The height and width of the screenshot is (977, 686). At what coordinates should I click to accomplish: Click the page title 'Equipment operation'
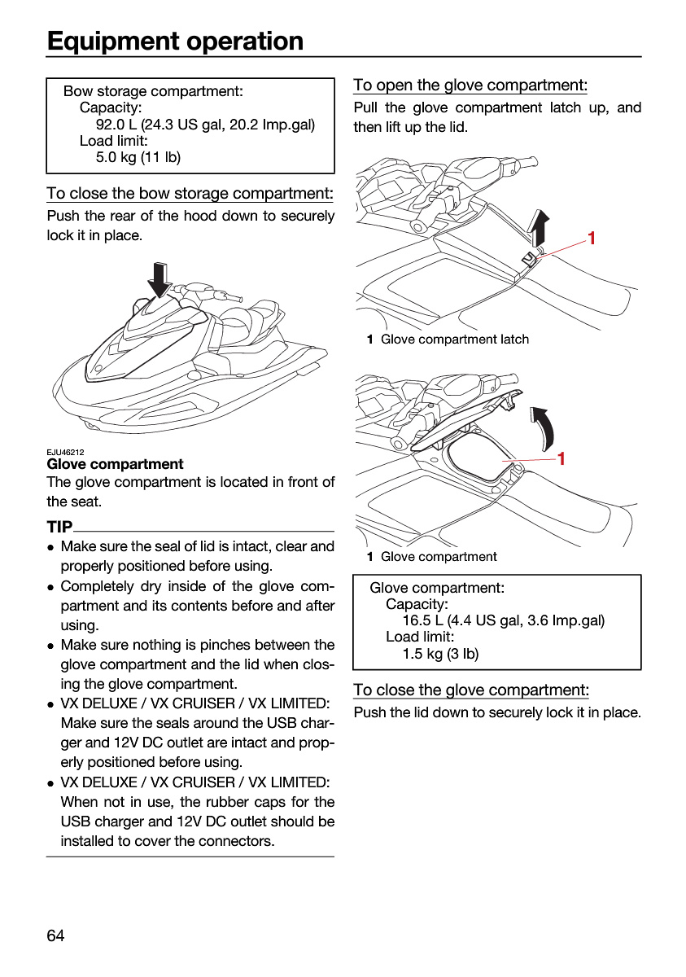tap(175, 42)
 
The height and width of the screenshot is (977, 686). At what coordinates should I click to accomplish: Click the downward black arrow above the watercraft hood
tap(159, 279)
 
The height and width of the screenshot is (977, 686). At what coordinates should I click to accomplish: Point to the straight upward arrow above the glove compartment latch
tap(539, 228)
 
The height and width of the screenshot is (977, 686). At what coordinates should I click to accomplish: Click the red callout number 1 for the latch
tap(592, 238)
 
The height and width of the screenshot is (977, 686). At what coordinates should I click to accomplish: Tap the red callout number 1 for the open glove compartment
tap(561, 458)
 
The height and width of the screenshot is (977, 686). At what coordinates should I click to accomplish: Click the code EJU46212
tap(65, 452)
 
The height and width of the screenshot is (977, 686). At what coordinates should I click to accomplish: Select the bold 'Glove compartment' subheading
tap(115, 463)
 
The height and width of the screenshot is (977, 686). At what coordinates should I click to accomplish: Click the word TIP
tap(59, 527)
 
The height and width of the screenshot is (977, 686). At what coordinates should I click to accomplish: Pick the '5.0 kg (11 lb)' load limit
tap(138, 157)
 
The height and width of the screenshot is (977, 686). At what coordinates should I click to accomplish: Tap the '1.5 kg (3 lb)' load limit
tap(440, 653)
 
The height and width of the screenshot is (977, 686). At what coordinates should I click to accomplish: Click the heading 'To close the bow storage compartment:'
tap(190, 193)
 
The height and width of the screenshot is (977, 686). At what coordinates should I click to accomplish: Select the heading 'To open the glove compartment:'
tap(470, 85)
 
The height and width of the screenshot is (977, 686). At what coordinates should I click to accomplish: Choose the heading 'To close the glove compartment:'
tap(471, 690)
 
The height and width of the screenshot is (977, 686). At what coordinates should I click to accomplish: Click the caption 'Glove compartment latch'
tap(455, 339)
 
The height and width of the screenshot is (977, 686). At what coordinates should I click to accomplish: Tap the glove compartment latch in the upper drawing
tap(528, 259)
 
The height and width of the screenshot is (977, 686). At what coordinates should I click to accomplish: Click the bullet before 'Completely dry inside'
tap(51, 588)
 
